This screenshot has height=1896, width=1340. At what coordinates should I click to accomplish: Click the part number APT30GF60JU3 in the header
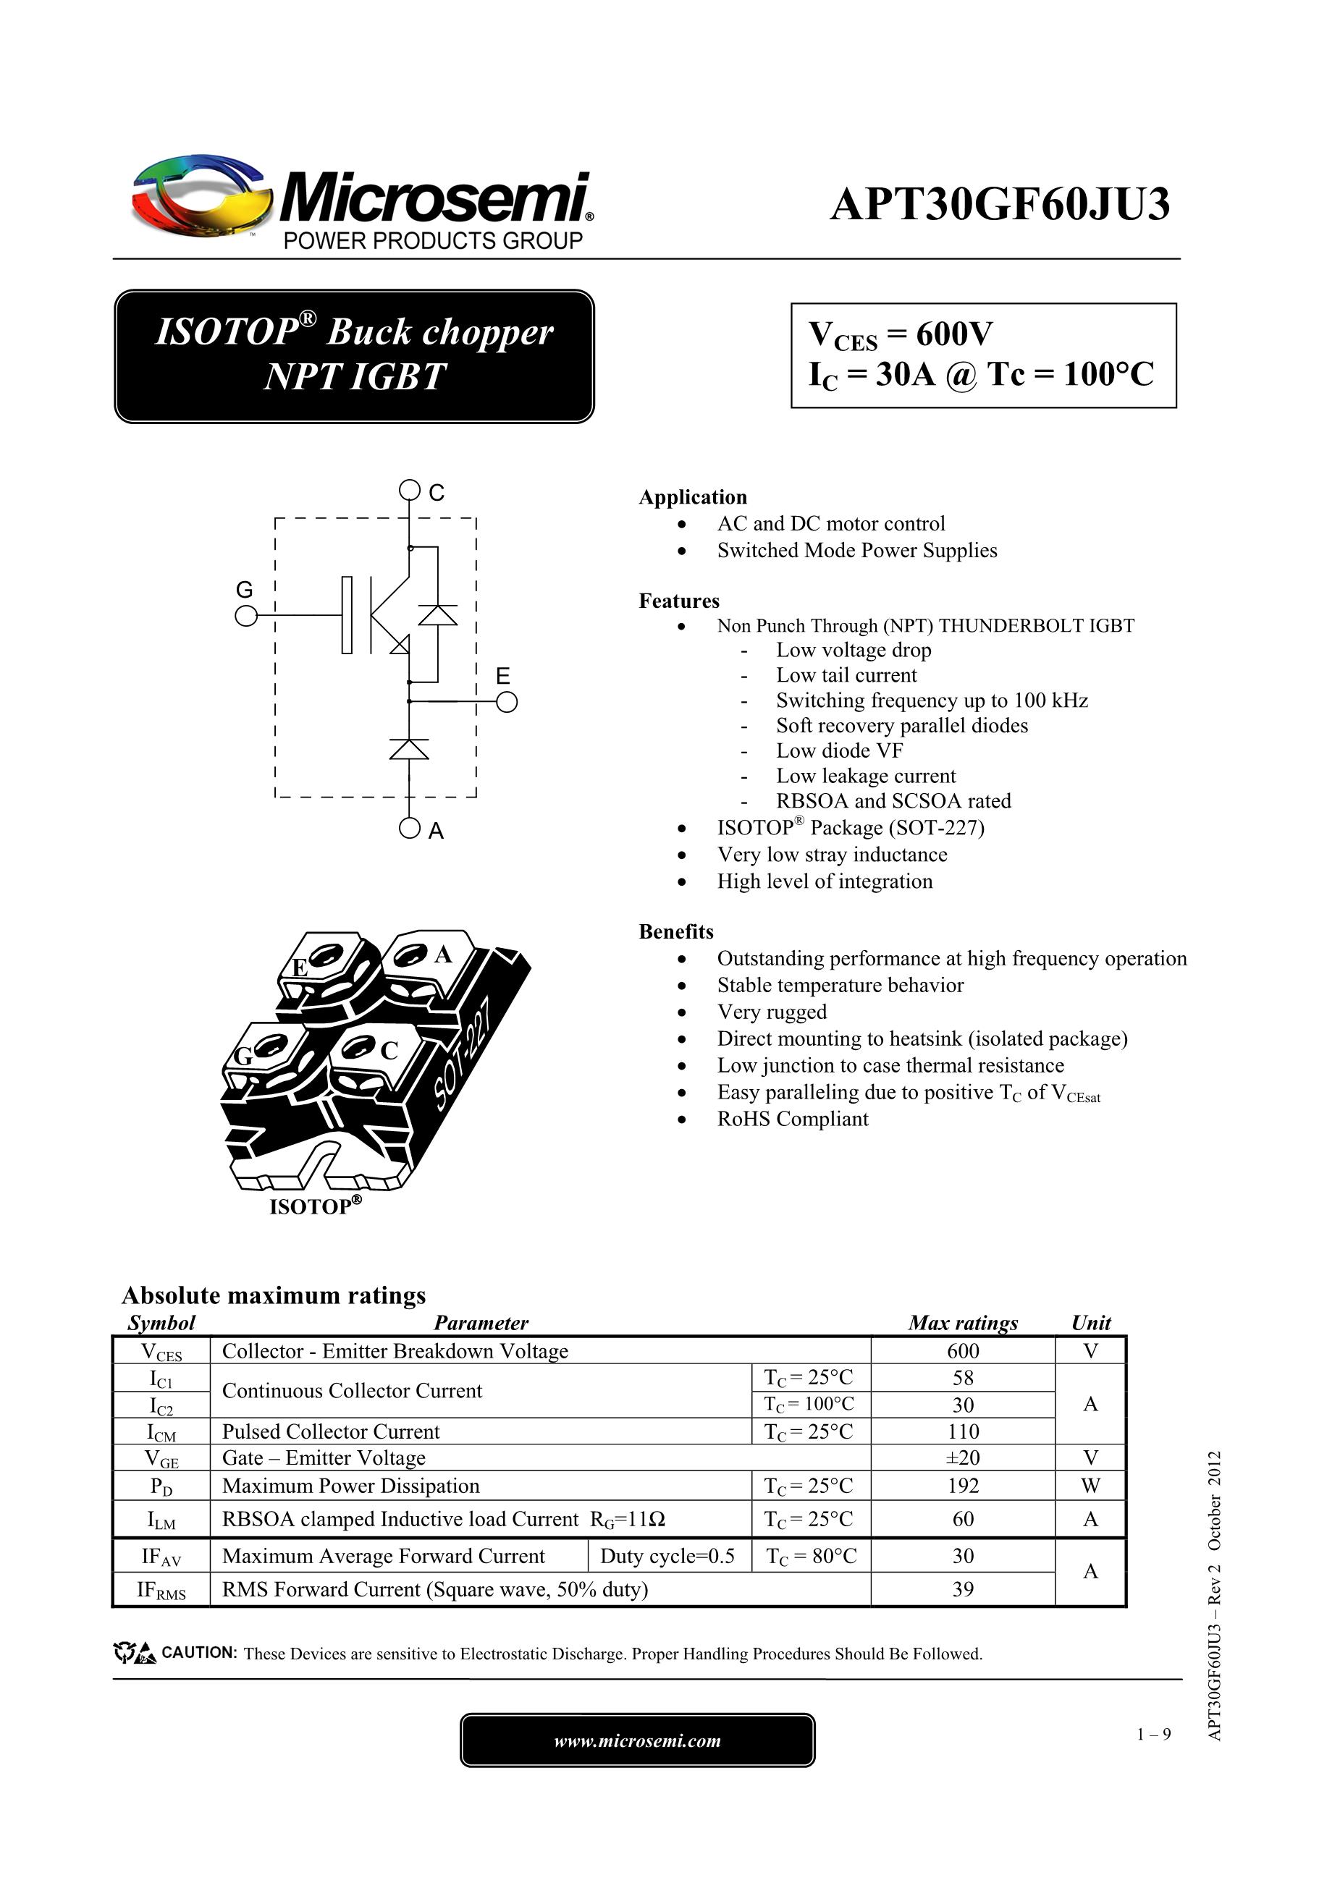(x=1000, y=205)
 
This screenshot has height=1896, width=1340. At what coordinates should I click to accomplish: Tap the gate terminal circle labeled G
(x=245, y=616)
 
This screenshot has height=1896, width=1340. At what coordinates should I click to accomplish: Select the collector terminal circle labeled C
(x=409, y=491)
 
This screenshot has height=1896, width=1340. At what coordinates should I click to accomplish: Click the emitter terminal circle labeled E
(x=507, y=703)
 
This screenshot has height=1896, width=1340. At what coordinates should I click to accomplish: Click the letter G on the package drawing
(x=243, y=1056)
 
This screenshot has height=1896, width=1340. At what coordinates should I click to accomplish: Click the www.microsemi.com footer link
(x=637, y=1740)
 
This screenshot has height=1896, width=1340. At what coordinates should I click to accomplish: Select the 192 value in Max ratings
(x=962, y=1486)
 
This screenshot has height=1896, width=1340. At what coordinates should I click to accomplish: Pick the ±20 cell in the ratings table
(x=962, y=1457)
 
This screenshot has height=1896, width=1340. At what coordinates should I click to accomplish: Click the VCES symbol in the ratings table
(x=161, y=1352)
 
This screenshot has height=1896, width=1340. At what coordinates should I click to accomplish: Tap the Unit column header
(x=1090, y=1323)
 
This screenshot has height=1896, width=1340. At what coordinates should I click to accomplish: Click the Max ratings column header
(x=962, y=1323)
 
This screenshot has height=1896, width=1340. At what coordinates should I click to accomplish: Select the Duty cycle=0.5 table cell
(x=667, y=1557)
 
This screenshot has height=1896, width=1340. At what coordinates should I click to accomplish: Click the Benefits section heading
(x=675, y=931)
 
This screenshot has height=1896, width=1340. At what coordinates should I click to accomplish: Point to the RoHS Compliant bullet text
(x=792, y=1119)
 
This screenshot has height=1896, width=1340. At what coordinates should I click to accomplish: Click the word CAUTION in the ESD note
(x=199, y=1652)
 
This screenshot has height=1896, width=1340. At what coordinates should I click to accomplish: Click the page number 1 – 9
(x=1153, y=1734)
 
